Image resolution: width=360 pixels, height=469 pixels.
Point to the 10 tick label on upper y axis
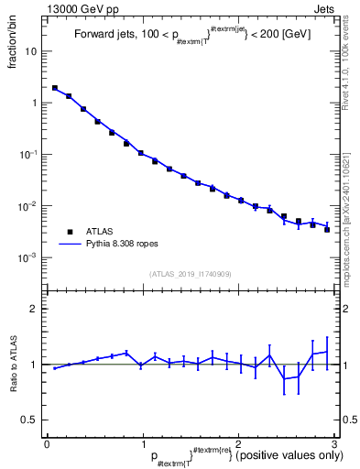click(32, 51)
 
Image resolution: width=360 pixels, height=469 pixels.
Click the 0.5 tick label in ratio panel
click(32, 420)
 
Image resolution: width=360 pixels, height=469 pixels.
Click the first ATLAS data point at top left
click(55, 88)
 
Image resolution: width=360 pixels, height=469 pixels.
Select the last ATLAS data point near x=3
click(327, 229)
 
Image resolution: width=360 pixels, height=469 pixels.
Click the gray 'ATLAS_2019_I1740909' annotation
click(191, 274)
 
